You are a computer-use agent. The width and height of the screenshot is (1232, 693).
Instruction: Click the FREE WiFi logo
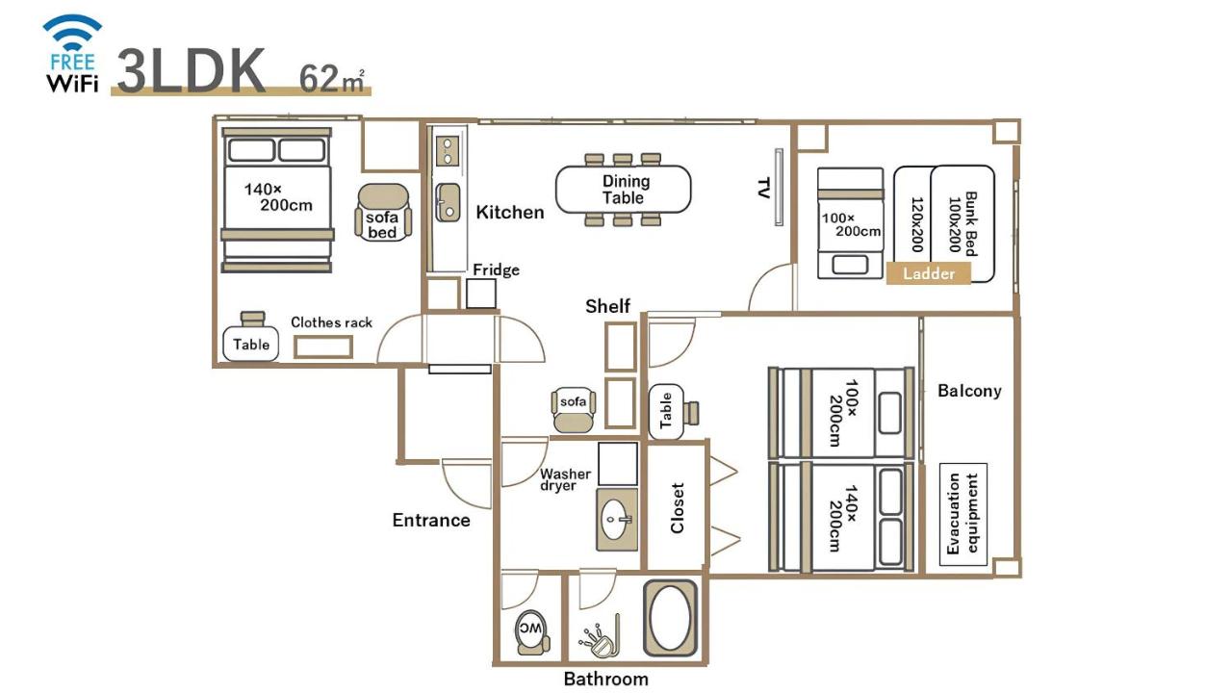pos(73,54)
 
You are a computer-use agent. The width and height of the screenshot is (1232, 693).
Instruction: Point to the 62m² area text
pos(331,77)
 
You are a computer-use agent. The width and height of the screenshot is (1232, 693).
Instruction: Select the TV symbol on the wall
pos(778,188)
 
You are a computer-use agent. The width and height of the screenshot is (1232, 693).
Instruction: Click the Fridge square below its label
pos(481,294)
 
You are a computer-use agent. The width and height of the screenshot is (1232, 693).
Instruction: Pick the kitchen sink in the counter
pos(448,202)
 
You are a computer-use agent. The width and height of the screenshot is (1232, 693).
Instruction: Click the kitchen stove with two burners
pos(448,150)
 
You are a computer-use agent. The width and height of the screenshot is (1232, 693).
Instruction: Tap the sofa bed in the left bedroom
pos(382,214)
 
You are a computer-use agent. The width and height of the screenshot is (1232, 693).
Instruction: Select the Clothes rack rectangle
pos(323,346)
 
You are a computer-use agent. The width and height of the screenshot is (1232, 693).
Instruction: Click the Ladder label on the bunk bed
pos(929,273)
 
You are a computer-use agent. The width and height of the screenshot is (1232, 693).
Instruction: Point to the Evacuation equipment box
pos(963,514)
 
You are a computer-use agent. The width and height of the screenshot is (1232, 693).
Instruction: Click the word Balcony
pos(969,391)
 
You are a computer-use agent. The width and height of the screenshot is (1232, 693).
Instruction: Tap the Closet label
pos(677,507)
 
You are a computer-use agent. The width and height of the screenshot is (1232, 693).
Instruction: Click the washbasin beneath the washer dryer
pos(616,520)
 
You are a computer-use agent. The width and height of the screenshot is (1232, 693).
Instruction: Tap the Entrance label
pos(431,521)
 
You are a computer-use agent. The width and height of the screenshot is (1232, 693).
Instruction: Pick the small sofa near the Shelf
pos(574,408)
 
